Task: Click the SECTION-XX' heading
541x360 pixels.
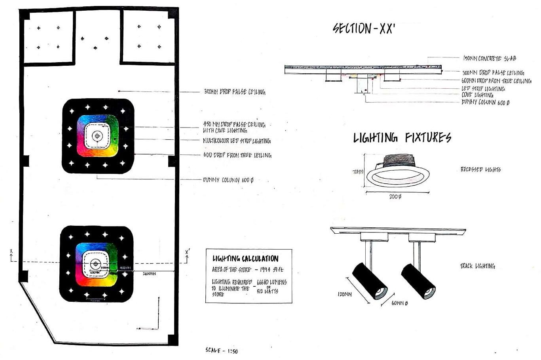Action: (364, 29)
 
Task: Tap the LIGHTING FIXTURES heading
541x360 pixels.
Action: (402, 138)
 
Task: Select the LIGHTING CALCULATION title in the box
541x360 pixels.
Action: (245, 259)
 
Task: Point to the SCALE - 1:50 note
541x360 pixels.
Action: (222, 350)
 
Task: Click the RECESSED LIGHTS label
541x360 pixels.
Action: (480, 170)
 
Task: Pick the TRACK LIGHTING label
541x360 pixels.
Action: (477, 266)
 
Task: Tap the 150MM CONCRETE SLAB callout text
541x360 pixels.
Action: (489, 59)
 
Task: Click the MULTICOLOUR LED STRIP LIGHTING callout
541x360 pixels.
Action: (237, 141)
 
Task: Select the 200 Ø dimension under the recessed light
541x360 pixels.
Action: (395, 197)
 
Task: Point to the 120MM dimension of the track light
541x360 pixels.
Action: (345, 295)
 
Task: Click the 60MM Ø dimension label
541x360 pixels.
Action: (399, 303)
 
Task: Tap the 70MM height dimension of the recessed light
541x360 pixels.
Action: (358, 172)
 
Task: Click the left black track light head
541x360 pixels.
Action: (370, 281)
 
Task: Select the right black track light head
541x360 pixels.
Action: (418, 281)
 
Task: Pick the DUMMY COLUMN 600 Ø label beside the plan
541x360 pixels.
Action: (228, 180)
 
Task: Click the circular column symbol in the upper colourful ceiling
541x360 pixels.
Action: (96, 136)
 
